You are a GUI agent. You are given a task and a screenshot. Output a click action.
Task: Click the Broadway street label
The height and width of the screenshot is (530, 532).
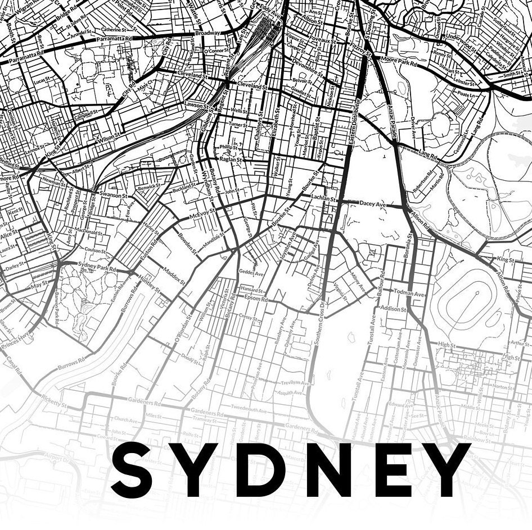click(x=208, y=33)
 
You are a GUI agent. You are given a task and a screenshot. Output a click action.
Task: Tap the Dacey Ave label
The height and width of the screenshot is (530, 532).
click(x=372, y=205)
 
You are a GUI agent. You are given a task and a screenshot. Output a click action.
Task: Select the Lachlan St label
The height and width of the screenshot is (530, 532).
click(x=324, y=199)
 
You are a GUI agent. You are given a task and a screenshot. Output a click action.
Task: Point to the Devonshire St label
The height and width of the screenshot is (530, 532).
click(x=308, y=68)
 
